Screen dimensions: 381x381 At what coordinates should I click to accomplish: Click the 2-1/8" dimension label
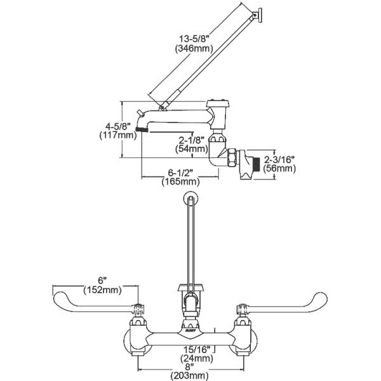[190, 140]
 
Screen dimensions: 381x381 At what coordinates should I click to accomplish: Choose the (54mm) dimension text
[190, 150]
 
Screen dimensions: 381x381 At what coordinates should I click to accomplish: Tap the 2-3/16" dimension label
[279, 159]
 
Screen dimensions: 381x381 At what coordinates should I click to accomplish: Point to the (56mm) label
[279, 169]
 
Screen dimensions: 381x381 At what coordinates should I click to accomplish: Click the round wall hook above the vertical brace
[190, 199]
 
